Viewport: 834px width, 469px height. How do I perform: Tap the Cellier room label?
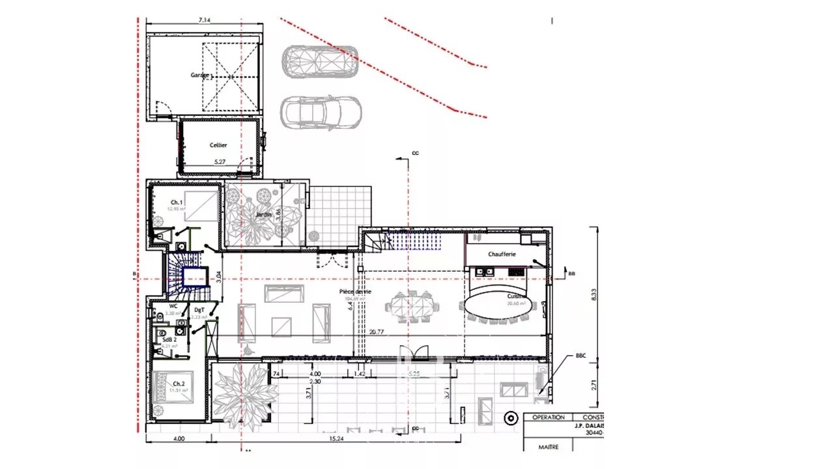pos(218,145)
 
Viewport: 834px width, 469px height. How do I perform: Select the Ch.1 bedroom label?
pos(177,203)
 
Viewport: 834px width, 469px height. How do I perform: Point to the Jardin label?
pos(263,214)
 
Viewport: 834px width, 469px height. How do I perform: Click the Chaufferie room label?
pos(502,254)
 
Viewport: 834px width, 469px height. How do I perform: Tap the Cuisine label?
pos(517,296)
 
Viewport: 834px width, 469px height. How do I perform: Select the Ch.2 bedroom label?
pos(179,384)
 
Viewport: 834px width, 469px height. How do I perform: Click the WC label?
pos(173,306)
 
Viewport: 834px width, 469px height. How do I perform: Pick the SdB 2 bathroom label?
pos(171,340)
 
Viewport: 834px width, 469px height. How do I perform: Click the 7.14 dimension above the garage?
pos(204,20)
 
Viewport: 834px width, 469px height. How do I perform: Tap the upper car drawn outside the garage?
pos(321,62)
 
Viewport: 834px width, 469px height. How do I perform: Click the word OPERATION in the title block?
pos(548,417)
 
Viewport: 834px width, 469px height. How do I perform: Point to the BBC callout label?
pos(581,356)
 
